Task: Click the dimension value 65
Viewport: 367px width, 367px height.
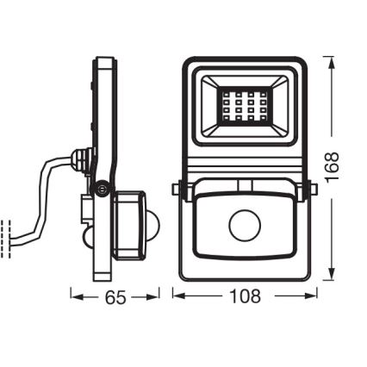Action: point(115,297)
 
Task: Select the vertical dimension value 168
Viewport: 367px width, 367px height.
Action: point(333,167)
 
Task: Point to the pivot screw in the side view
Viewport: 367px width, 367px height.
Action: point(103,186)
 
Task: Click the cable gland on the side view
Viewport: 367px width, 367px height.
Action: point(83,160)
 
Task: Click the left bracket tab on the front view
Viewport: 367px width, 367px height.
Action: point(176,189)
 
